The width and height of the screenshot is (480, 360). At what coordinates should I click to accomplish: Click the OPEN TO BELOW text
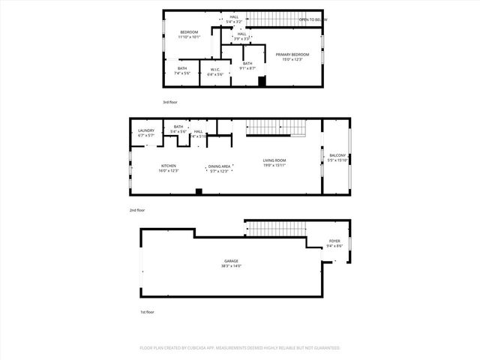pyautogui.click(x=313, y=19)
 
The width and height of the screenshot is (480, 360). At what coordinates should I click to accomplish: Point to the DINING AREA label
pyautogui.click(x=219, y=168)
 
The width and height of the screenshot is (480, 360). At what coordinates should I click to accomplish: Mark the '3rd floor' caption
pyautogui.click(x=170, y=102)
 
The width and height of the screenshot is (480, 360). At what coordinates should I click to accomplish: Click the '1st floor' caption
pyautogui.click(x=147, y=311)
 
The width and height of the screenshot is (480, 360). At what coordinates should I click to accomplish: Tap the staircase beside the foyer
pyautogui.click(x=275, y=228)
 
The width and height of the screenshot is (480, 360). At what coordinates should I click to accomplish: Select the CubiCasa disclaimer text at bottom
pyautogui.click(x=240, y=348)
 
